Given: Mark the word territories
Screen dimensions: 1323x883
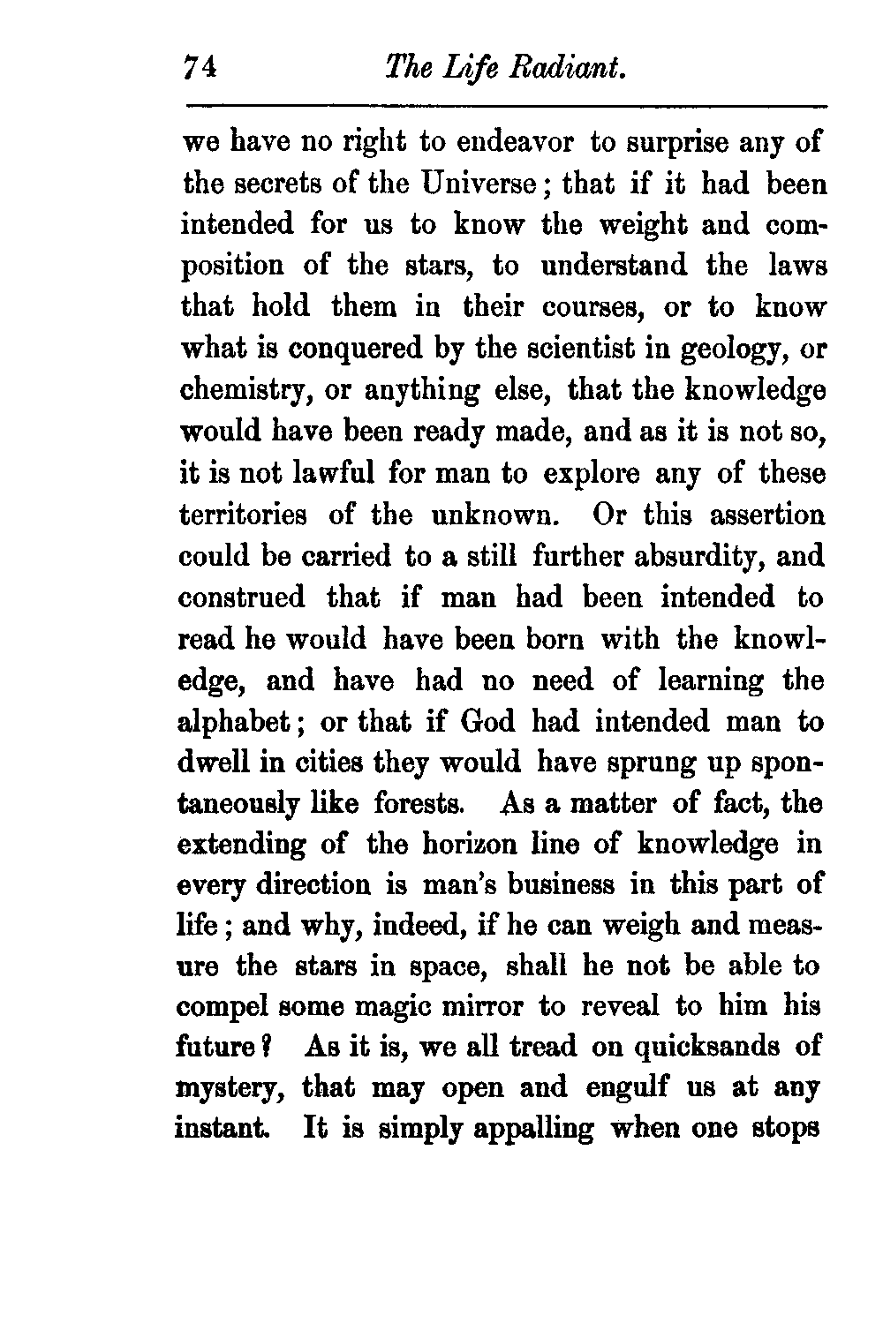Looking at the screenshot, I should tap(243, 515).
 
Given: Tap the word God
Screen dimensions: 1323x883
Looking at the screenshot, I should tap(487, 722).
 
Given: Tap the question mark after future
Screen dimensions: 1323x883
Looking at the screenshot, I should tap(275, 1047).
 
